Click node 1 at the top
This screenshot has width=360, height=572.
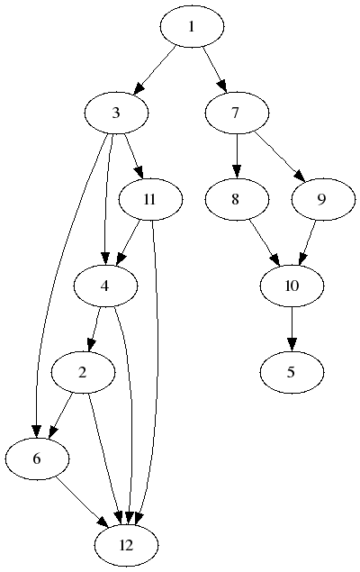192,26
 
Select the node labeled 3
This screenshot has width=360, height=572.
116,113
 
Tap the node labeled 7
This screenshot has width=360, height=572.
237,113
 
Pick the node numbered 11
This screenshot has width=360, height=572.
150,199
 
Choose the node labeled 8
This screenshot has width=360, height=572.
237,199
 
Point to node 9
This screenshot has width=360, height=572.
323,199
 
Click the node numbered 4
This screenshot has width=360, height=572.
105,286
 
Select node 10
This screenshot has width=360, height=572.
292,286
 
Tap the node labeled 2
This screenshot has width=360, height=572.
83,372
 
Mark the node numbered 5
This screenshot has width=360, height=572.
292,372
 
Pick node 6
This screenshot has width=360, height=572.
37,459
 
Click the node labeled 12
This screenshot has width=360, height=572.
126,545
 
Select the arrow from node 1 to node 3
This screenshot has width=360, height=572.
157,69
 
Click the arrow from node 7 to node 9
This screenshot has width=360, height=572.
280,156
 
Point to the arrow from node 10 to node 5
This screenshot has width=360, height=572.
292,329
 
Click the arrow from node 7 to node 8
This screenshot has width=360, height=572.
237,156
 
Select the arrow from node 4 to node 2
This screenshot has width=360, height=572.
94,329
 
